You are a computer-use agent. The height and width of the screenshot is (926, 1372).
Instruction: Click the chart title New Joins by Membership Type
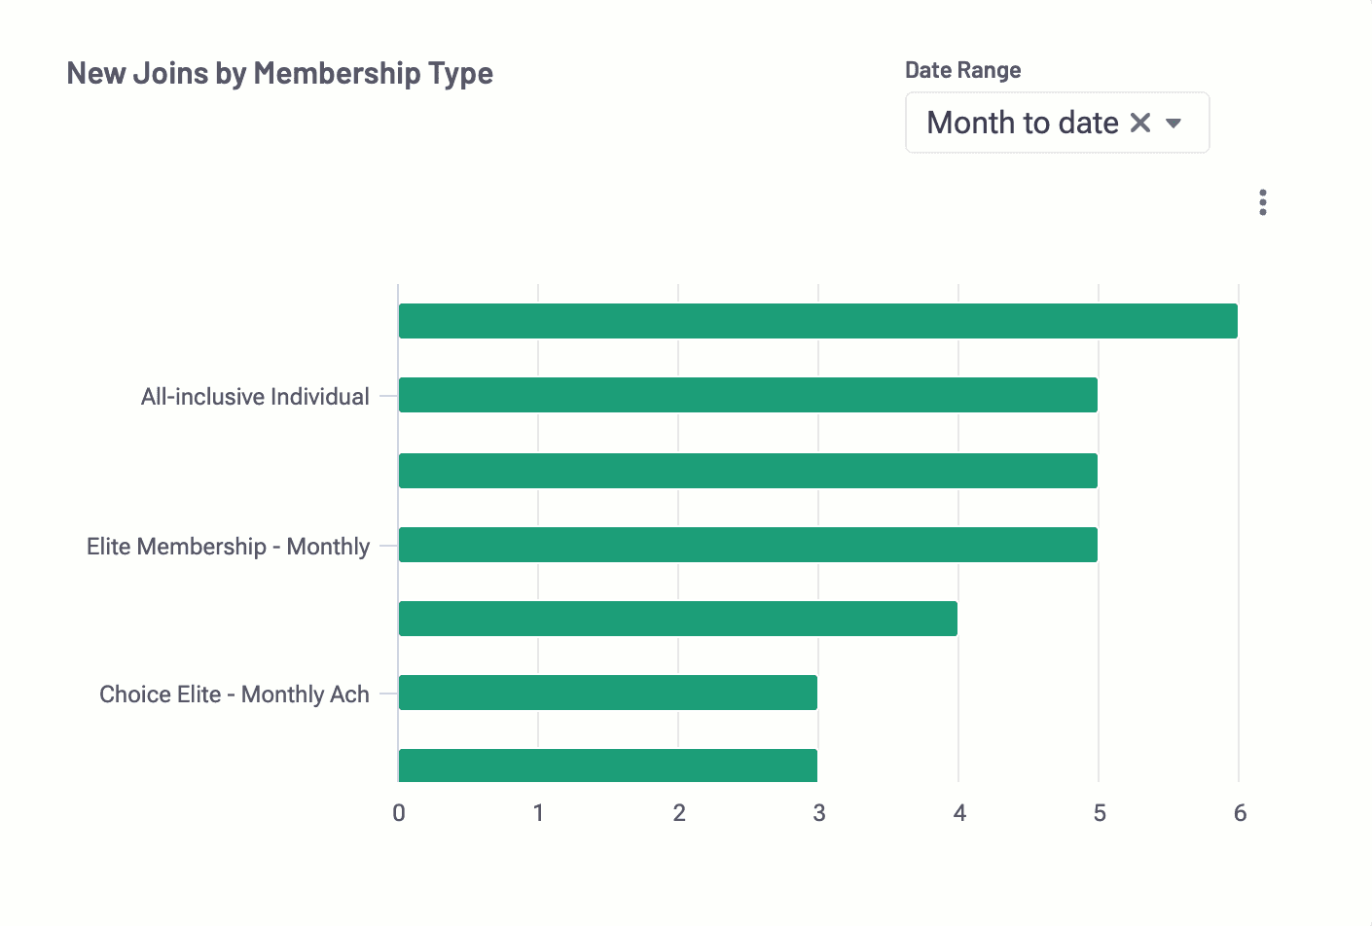point(279,74)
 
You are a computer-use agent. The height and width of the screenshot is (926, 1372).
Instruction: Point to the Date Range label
point(962,70)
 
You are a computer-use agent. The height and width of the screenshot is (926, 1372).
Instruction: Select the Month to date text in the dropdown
point(1022,123)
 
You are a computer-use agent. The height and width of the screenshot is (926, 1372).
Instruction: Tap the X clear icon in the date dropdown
point(1140,123)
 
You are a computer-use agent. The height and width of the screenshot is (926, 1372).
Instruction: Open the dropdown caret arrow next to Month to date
point(1173,123)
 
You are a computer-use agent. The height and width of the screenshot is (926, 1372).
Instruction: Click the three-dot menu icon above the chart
point(1262,202)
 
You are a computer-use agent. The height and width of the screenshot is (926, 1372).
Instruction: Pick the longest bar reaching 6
point(817,321)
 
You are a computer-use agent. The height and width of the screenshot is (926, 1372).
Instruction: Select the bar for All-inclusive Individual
point(747,395)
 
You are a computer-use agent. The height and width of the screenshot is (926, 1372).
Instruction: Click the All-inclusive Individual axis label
point(255,397)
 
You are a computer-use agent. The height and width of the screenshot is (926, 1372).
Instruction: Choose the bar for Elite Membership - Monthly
point(747,545)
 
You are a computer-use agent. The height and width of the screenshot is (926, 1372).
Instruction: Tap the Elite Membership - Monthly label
point(228,547)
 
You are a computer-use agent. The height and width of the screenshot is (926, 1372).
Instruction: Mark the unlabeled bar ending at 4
point(677,619)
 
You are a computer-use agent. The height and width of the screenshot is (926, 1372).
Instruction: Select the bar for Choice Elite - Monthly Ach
point(607,693)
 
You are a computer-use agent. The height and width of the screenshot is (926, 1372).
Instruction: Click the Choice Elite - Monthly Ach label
point(235,694)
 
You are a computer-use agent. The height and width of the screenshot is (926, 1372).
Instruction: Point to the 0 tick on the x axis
point(399,813)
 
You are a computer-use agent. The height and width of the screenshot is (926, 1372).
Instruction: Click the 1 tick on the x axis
point(538,813)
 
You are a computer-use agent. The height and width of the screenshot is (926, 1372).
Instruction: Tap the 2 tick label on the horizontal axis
point(679,813)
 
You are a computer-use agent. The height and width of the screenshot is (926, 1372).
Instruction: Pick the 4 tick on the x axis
point(959,813)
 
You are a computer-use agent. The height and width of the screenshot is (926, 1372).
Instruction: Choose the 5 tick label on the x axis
point(1100,813)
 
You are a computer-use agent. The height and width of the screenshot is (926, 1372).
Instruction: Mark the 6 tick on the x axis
point(1240,813)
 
